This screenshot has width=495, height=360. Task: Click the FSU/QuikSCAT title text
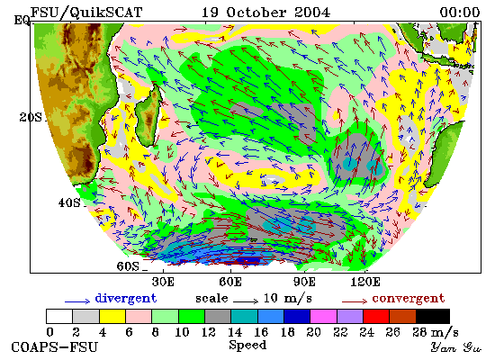tap(86, 13)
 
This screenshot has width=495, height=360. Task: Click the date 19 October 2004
tap(265, 13)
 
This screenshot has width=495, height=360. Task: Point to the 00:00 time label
tap(460, 13)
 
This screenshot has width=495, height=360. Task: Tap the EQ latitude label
tap(22, 21)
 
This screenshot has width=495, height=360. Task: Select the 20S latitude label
tap(31, 118)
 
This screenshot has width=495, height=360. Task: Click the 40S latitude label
tap(69, 202)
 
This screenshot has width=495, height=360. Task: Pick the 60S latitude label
tap(128, 266)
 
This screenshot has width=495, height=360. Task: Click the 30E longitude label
tap(163, 282)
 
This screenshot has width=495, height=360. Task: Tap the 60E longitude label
tap(230, 282)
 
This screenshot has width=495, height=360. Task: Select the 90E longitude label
tap(304, 282)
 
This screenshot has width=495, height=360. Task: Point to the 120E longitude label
tap(365, 282)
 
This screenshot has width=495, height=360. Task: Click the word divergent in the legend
tap(126, 299)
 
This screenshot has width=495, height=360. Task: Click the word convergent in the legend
tap(409, 299)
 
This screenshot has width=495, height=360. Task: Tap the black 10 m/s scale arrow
tap(246, 301)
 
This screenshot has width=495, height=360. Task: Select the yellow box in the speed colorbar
tap(112, 316)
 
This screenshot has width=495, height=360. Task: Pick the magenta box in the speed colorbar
tap(324, 316)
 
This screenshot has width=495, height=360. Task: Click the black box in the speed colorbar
tap(433, 316)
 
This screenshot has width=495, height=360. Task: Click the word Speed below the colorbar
tap(247, 345)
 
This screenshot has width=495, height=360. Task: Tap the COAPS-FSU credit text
tap(54, 347)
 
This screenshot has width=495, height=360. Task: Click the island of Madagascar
tap(148, 115)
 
